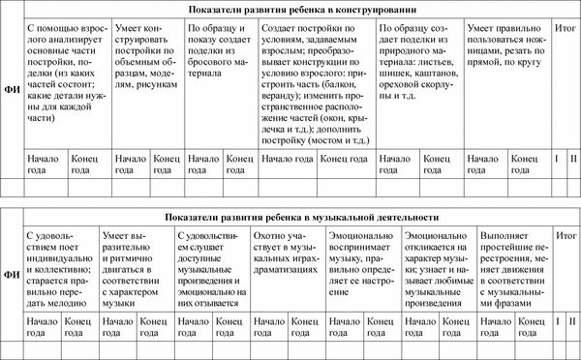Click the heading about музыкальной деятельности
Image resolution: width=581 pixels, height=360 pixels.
pos(302,218)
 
